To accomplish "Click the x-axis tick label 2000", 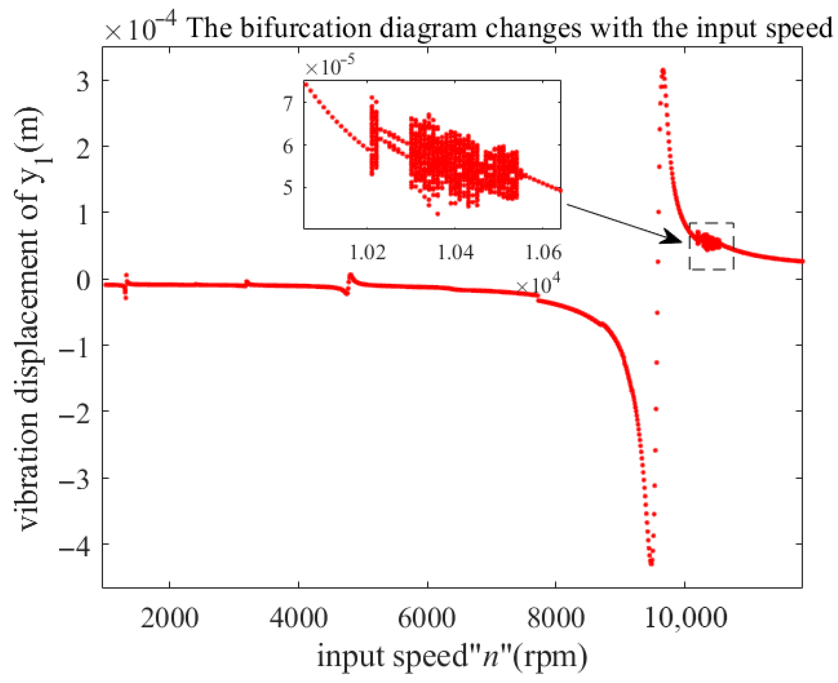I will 169,619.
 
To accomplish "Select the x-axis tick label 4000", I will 298,619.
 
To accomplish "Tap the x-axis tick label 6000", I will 427,619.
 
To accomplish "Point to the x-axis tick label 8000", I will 556,619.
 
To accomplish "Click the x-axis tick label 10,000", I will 686,619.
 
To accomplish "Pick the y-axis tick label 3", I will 82,82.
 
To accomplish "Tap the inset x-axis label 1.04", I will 455,253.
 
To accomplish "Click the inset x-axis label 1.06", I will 543,253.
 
